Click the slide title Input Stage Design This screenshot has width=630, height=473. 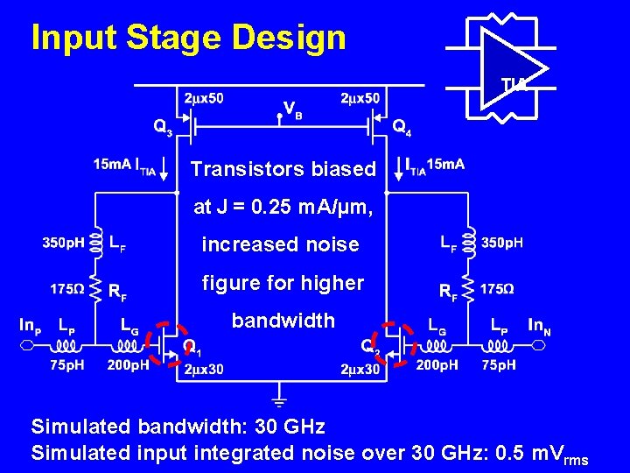[x=188, y=38]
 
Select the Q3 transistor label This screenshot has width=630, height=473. [x=164, y=127]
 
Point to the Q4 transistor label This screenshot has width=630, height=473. [x=402, y=127]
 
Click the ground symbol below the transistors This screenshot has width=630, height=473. [x=280, y=401]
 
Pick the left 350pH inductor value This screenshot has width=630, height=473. [x=65, y=243]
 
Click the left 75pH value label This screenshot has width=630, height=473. [x=66, y=365]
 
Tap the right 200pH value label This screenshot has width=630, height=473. [x=437, y=365]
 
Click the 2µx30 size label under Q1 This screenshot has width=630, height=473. [x=202, y=369]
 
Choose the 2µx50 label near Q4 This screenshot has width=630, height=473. [x=360, y=98]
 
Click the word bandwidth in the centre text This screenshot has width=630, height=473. [x=283, y=321]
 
